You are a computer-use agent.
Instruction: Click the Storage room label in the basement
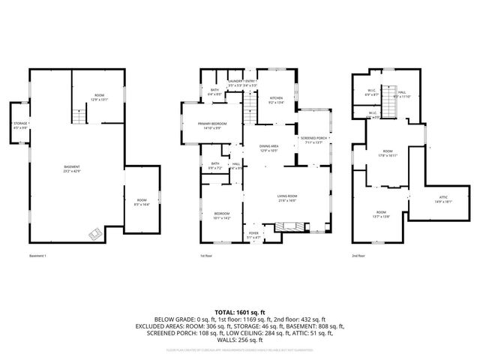point(19,124)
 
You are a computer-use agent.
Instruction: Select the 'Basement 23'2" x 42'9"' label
point(71,168)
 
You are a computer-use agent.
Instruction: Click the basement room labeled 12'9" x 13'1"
point(99,97)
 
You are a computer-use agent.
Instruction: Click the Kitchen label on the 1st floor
point(276,100)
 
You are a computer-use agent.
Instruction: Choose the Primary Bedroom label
point(214,125)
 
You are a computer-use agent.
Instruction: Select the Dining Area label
point(268,148)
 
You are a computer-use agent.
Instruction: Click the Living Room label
point(287,199)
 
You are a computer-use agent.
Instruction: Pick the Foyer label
point(254,235)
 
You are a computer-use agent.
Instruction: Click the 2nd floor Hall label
point(403,94)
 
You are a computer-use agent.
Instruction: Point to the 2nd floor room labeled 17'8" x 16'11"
point(387,154)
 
